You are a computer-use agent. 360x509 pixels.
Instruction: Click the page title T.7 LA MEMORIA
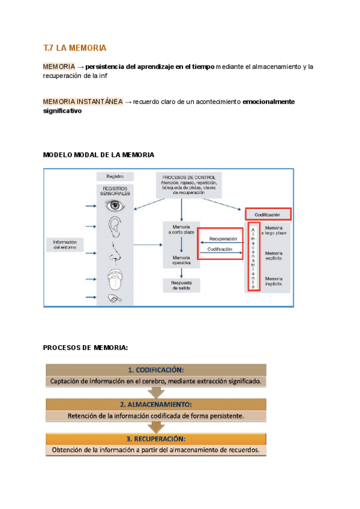pos(74,47)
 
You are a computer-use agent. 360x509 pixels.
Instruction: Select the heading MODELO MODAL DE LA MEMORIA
pos(99,155)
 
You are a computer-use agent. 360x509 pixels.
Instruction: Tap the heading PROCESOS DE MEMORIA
pos(86,348)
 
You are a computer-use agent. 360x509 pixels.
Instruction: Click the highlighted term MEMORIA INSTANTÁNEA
pos(83,102)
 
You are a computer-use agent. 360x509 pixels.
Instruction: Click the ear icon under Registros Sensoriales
pos(114,229)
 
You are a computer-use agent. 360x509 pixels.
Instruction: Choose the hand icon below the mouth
pos(114,298)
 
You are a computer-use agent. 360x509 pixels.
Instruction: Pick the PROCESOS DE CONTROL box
pos(188,185)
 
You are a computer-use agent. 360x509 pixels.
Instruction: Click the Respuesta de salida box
pos(181,286)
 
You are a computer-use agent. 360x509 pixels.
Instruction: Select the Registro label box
pos(115,176)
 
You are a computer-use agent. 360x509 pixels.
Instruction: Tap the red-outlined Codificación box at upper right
pos(268,214)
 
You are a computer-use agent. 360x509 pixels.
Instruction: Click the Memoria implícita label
pos(274,280)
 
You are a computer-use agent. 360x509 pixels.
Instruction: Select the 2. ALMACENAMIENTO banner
pos(155,405)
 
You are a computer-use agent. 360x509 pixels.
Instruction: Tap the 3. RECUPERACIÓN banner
pos(155,439)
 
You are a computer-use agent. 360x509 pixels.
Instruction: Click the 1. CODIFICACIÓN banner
pos(155,370)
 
